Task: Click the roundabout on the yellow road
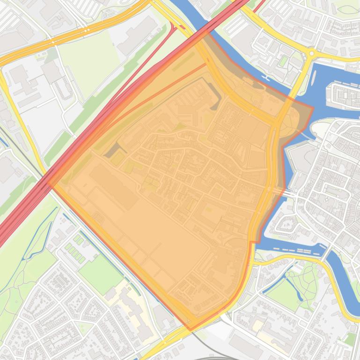click(311, 54)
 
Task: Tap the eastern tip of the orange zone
click(313, 108)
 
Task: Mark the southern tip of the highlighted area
click(191, 330)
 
